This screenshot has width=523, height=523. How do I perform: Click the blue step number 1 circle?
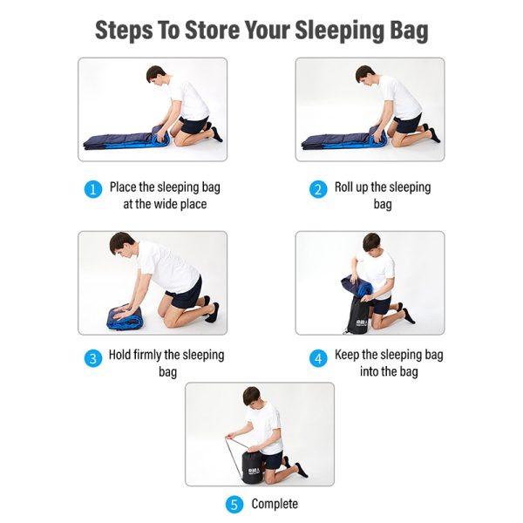point(92,189)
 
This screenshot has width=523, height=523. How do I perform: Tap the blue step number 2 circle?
point(318,189)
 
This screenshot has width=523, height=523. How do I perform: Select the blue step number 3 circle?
point(92,357)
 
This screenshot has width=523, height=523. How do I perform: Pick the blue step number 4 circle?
point(318,357)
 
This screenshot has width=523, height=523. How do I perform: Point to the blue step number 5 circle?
point(234,505)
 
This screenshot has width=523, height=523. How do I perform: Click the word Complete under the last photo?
point(275,504)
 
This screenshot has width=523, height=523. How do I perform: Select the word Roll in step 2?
point(346,187)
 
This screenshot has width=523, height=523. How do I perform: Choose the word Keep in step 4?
point(348,355)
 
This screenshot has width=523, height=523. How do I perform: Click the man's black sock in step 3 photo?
point(212,312)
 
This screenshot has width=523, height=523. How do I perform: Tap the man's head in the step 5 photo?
point(253,397)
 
